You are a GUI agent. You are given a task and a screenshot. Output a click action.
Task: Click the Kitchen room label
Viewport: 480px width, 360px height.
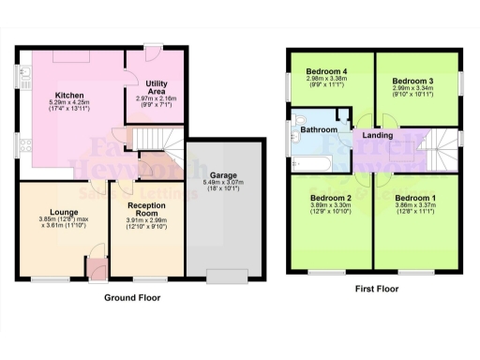click(70, 94)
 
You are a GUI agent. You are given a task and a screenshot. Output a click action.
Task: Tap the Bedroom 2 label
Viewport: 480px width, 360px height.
click(331, 199)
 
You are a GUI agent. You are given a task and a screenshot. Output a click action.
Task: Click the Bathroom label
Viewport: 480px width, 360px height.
click(319, 131)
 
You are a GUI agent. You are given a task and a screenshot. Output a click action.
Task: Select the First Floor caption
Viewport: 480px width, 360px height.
click(373, 290)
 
